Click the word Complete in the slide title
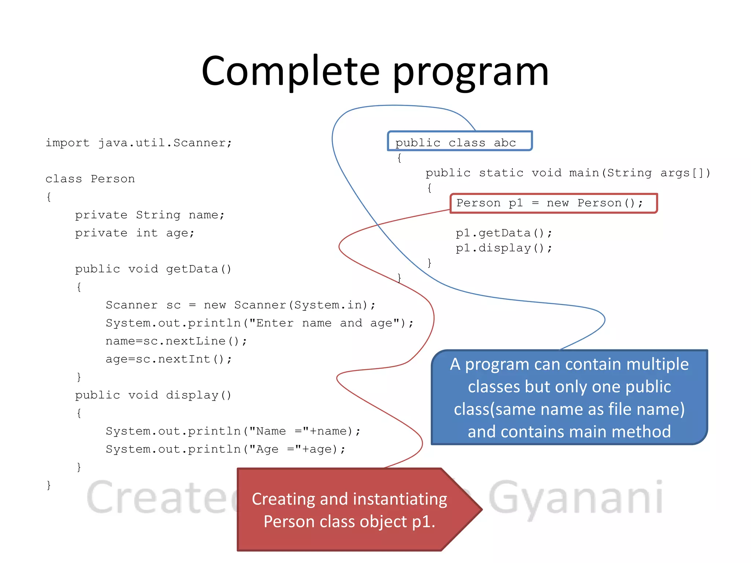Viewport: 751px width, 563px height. point(290,71)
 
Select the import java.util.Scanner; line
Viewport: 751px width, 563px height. point(139,143)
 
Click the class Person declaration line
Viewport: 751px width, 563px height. point(90,179)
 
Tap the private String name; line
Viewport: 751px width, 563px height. point(150,215)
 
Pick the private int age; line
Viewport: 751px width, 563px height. point(135,233)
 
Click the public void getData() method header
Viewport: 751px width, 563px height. point(153,269)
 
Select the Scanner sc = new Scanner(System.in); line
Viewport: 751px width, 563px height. point(241,305)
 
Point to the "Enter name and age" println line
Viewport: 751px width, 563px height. point(260,323)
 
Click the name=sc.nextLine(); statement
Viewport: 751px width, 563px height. point(176,341)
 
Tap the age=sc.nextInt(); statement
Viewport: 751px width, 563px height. point(169,359)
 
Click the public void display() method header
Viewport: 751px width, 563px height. point(153,395)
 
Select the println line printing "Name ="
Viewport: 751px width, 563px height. point(233,431)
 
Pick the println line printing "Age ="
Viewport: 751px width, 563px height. point(226,449)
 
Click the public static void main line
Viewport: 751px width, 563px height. point(568,173)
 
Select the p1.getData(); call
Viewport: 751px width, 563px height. point(504,233)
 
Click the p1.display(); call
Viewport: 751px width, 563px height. point(504,248)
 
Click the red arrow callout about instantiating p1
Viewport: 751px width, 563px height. point(349,510)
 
